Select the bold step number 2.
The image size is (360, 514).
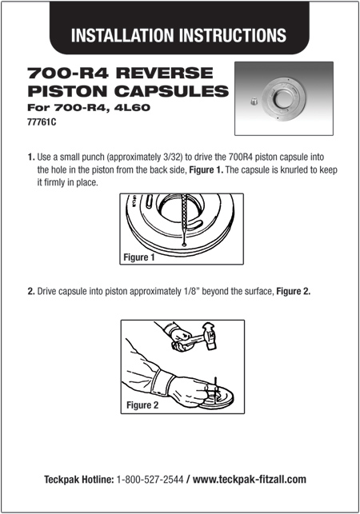pos(30,292)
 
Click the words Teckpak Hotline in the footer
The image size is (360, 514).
pos(78,479)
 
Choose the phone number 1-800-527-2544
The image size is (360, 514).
pos(150,479)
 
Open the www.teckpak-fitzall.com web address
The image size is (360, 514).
pos(250,479)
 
